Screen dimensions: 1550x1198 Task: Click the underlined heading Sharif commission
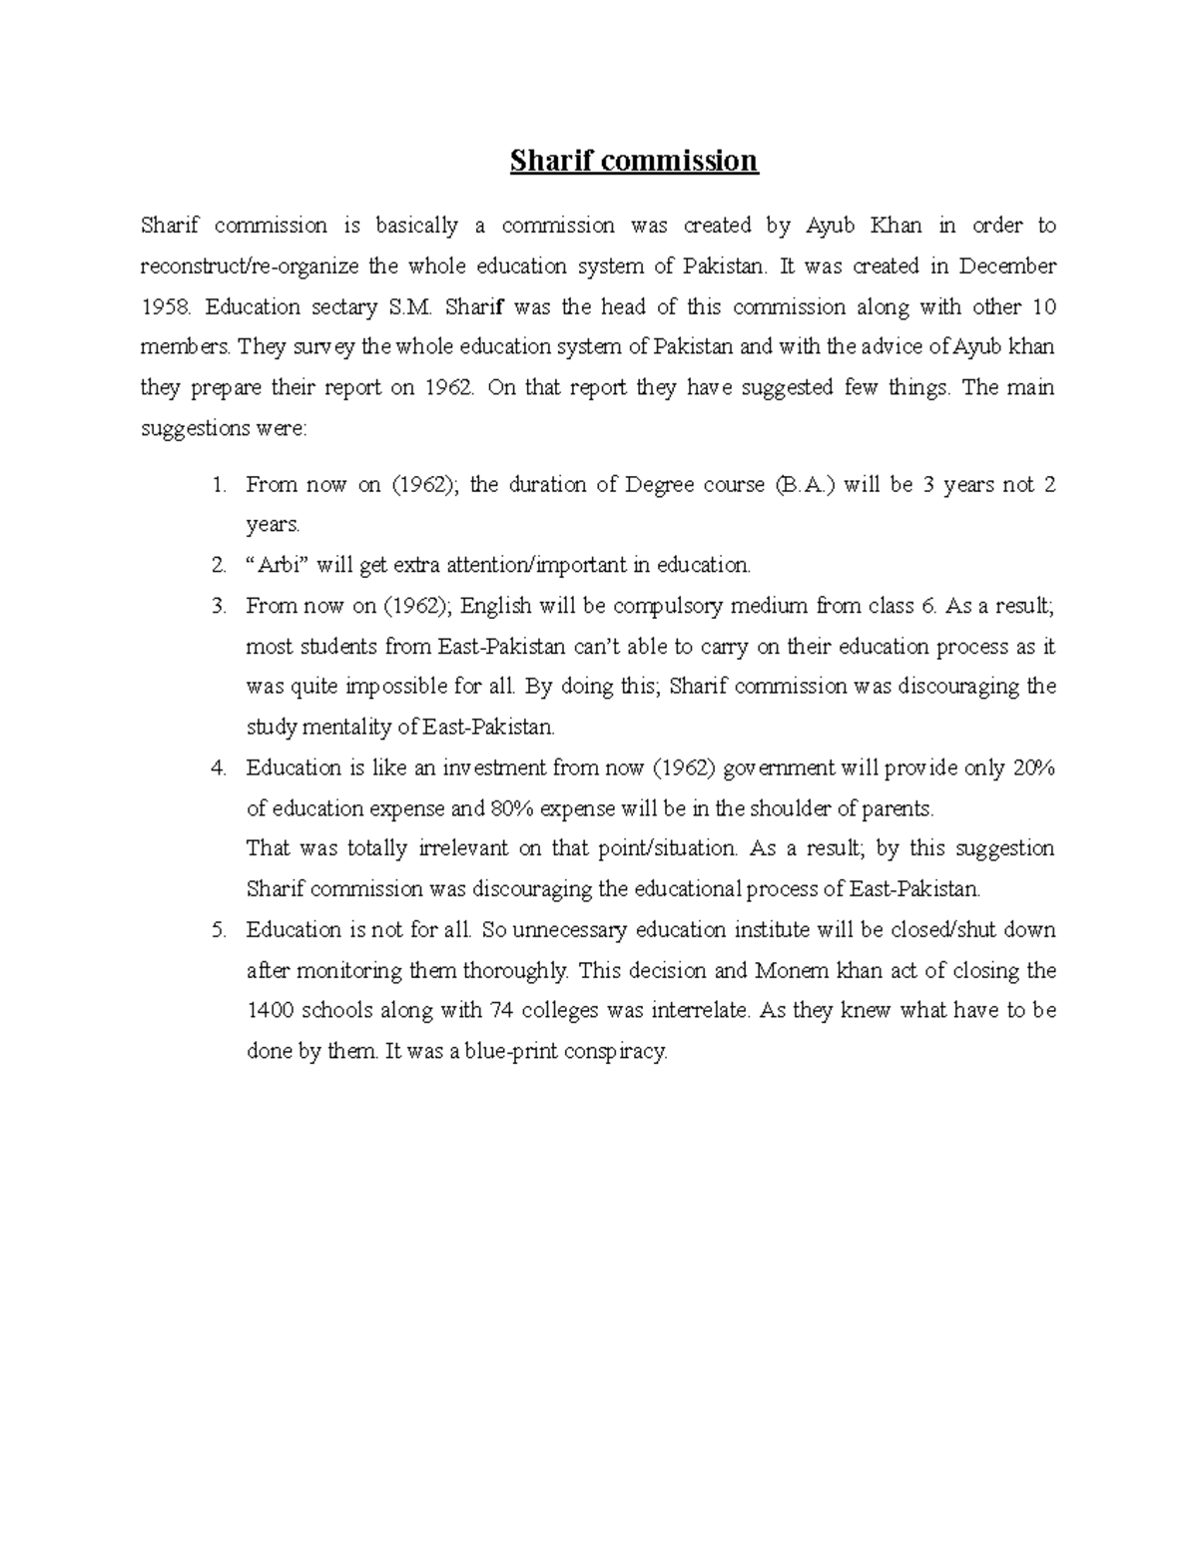tap(634, 161)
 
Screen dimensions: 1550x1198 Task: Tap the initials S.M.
tap(406, 307)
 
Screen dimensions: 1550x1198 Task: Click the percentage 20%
tap(1033, 769)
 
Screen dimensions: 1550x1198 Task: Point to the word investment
tap(503, 769)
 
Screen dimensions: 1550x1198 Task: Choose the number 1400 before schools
tap(269, 1011)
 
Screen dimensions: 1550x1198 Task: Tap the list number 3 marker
tap(219, 606)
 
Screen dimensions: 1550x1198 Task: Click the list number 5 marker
tap(219, 930)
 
